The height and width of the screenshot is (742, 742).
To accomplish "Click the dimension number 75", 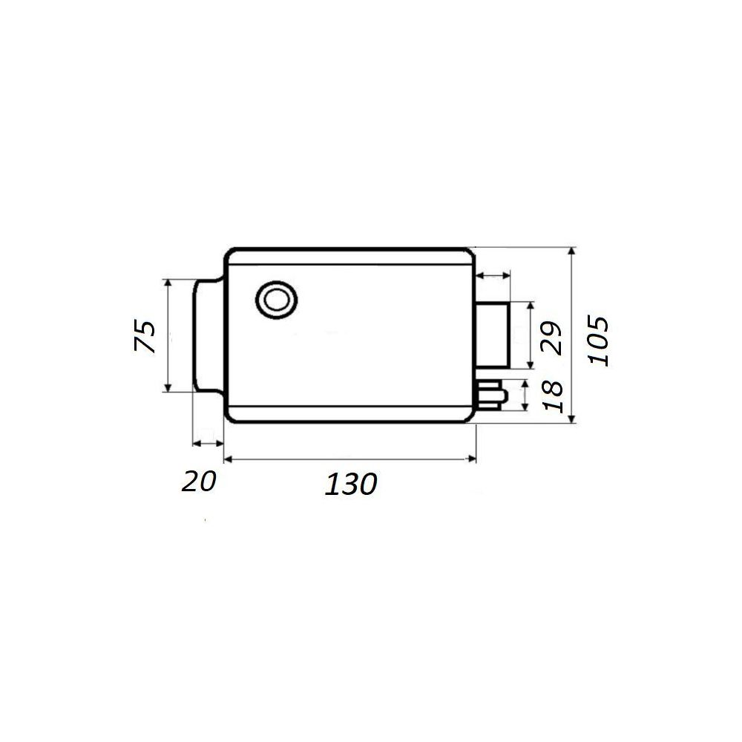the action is [x=145, y=336].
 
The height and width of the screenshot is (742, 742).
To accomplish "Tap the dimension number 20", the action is [x=199, y=482].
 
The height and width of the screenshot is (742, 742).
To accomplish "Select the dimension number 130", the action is [x=351, y=484].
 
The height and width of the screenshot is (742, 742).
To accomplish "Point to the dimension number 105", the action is [x=597, y=341].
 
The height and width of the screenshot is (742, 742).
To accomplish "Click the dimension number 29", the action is [x=552, y=338].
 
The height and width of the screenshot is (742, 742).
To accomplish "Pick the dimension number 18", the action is [x=554, y=396].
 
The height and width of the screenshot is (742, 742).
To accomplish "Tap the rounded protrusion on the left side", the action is [x=208, y=336].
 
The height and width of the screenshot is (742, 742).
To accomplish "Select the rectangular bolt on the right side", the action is [x=492, y=335].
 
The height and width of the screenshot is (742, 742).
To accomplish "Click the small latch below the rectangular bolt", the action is [x=492, y=395].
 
